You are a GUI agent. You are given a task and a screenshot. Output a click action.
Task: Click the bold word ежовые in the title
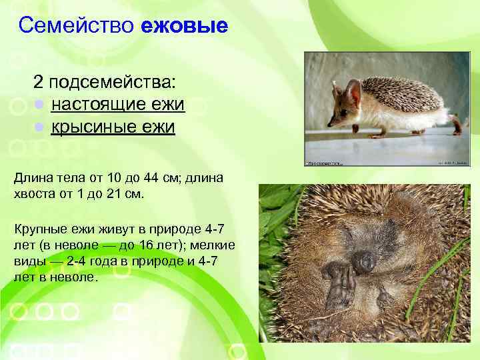click(185, 26)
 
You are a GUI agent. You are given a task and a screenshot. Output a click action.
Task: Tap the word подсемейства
click(113, 84)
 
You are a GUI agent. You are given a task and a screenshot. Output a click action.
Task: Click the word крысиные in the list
click(93, 125)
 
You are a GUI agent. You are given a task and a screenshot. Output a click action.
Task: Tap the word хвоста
click(33, 193)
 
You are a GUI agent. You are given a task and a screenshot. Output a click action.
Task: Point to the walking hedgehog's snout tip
click(328, 125)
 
